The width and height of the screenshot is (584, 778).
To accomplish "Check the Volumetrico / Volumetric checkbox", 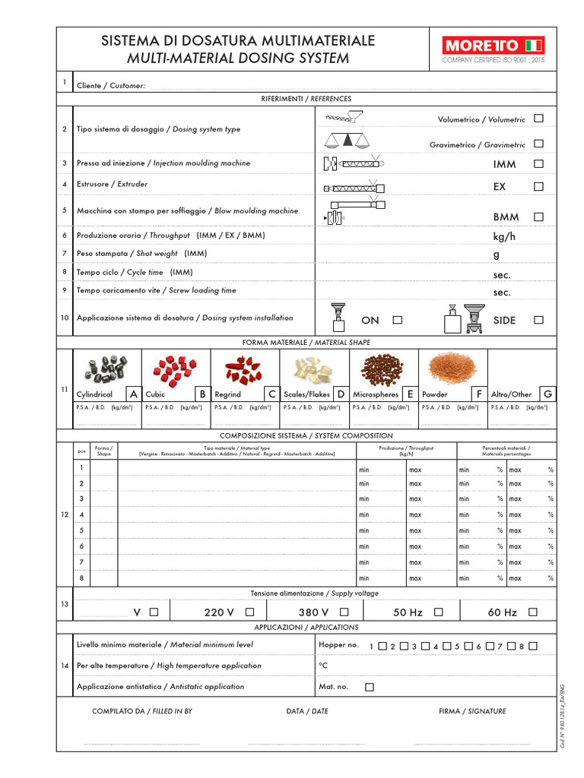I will point(538,119).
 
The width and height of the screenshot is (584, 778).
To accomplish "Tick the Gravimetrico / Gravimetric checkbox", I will point(538,144).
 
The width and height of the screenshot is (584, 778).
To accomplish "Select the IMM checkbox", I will point(538,163).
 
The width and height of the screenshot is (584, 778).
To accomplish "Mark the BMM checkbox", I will point(538,217).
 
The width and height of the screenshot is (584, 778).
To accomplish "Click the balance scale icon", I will point(346,140).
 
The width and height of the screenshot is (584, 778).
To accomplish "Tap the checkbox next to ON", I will point(397,320).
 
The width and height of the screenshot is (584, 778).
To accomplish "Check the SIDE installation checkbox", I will point(538,320).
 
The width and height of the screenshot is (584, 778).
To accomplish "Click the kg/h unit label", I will point(504,236).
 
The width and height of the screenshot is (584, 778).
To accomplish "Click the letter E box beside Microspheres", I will point(410,394).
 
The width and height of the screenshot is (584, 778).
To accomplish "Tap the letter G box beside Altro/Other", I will point(547,394).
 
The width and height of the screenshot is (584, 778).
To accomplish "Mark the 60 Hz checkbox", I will point(532,612).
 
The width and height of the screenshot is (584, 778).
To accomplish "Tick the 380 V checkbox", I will point(344,612).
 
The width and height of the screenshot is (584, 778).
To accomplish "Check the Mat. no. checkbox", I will point(370,687).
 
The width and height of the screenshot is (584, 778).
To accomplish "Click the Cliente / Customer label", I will point(111,86).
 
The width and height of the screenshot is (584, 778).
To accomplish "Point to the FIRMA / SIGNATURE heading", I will point(471,711).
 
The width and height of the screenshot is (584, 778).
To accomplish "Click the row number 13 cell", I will point(64,604).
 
